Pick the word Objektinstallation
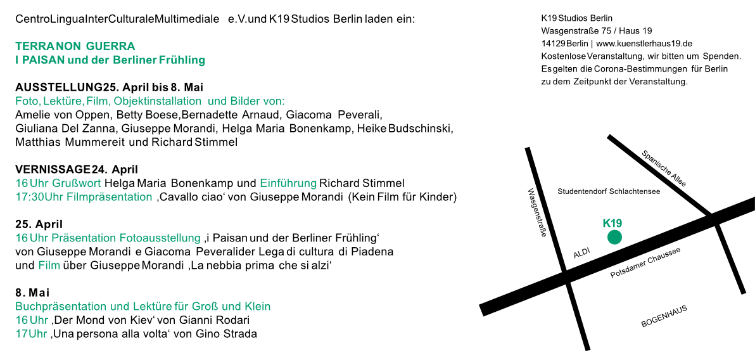click(158, 101)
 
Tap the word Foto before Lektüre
click(27, 101)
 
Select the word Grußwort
click(77, 184)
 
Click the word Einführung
click(288, 184)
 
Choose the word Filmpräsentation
click(109, 197)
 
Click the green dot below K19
click(614, 237)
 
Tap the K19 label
click(612, 223)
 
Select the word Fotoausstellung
click(160, 238)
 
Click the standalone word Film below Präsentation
click(49, 266)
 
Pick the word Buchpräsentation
click(61, 307)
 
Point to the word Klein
click(258, 307)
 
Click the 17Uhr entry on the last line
click(31, 334)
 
